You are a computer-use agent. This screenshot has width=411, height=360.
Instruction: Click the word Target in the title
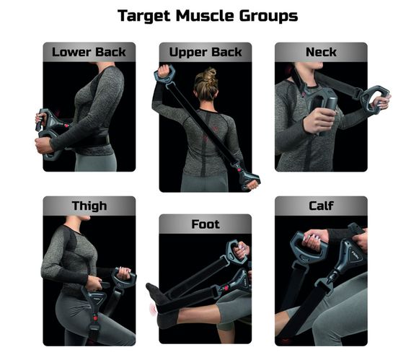pyautogui.click(x=144, y=17)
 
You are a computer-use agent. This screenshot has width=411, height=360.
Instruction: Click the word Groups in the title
pyautogui.click(x=268, y=17)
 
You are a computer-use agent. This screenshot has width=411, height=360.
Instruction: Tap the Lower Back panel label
pyautogui.click(x=89, y=52)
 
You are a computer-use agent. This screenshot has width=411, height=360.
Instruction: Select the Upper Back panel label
pyautogui.click(x=205, y=53)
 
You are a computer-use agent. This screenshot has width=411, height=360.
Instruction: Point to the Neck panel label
pyautogui.click(x=321, y=52)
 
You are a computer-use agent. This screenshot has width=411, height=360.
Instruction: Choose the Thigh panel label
pyautogui.click(x=89, y=206)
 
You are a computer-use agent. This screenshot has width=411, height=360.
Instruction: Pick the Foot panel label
pyautogui.click(x=205, y=224)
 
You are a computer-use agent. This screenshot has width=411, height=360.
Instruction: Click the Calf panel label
pyautogui.click(x=321, y=206)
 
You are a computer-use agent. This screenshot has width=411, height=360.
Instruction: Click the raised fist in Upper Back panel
pyautogui.click(x=164, y=70)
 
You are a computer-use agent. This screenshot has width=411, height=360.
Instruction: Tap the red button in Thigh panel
pyautogui.click(x=95, y=318)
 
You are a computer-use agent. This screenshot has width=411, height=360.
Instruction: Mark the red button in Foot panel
pyautogui.click(x=225, y=288)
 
